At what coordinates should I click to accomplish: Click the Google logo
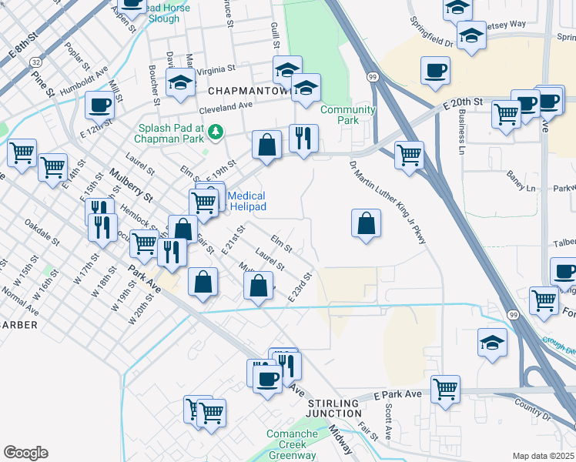click(25, 453)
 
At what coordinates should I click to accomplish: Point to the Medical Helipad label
click(246, 202)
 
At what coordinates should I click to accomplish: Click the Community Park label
click(348, 115)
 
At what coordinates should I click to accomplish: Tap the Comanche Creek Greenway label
click(303, 444)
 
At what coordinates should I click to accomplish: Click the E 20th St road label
click(461, 102)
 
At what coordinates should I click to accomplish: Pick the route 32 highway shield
click(36, 62)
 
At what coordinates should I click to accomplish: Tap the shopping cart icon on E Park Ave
click(445, 387)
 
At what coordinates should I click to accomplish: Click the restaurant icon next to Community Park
click(303, 138)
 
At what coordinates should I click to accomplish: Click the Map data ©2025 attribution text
click(543, 456)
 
